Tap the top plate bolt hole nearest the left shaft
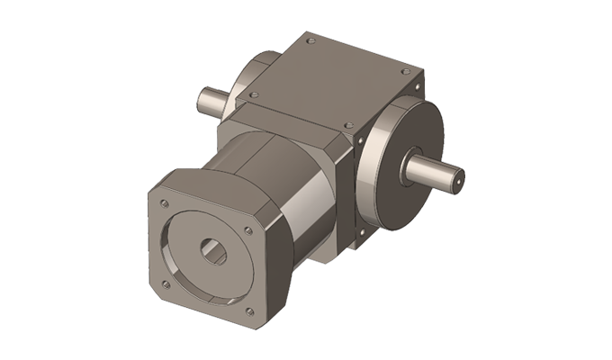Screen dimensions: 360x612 pos(254,92)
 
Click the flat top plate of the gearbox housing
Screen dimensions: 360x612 pos(333,81)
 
